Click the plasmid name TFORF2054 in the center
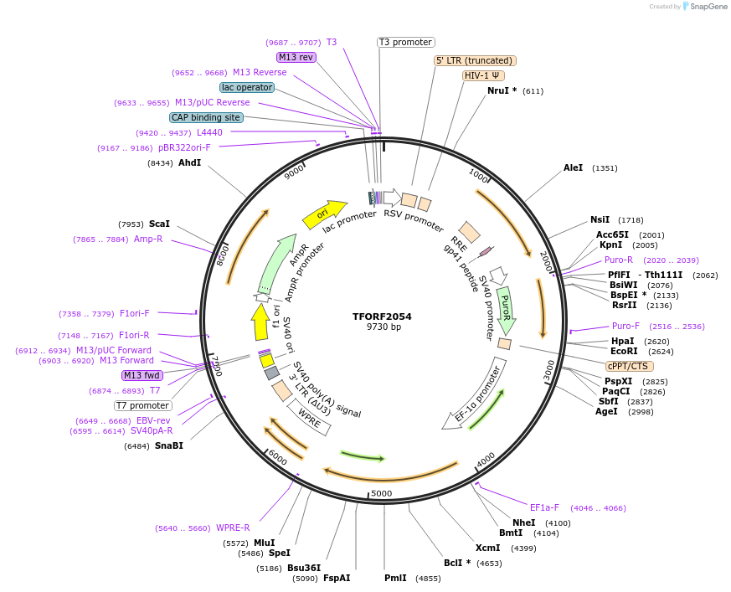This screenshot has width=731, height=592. tap(382, 317)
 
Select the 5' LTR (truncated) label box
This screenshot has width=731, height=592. tap(475, 60)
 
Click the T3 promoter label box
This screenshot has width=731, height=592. tap(405, 42)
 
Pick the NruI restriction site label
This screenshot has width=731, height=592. tap(502, 90)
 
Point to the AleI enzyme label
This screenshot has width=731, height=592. tap(573, 167)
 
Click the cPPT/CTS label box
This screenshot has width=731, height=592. tap(629, 366)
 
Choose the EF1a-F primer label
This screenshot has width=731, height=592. tap(544, 507)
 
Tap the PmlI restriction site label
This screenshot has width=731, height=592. tap(395, 578)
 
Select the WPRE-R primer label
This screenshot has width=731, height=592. tap(233, 528)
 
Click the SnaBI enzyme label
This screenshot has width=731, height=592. tap(168, 445)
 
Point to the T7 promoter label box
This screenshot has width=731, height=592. tap(143, 406)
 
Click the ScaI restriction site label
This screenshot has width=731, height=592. tap(159, 224)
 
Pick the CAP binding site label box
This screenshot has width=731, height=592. tap(206, 118)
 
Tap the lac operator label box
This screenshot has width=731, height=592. tap(247, 87)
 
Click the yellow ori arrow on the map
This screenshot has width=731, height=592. tap(325, 214)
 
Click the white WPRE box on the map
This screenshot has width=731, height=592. tap(309, 417)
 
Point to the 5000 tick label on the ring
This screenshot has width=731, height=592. tap(381, 493)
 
